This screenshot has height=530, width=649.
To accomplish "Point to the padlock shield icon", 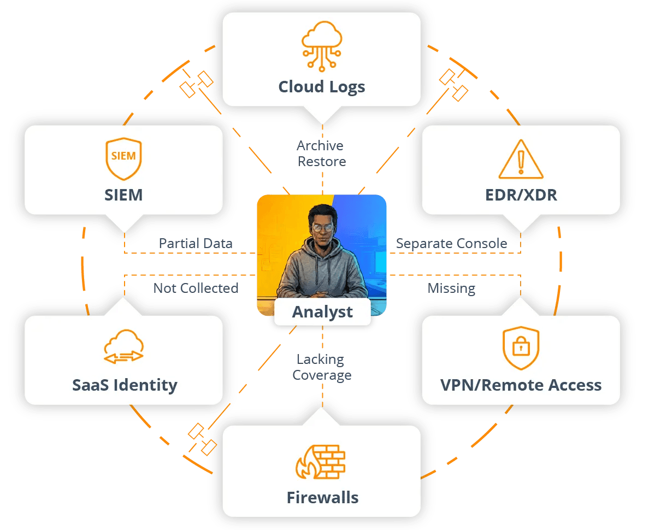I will coord(521,348).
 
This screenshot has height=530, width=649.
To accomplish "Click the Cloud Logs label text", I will coord(322,87).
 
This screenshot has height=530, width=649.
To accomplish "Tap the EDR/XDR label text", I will coord(521,195).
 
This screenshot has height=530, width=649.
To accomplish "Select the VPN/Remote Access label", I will coord(521,385).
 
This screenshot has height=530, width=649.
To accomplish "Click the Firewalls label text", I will coord(322,498).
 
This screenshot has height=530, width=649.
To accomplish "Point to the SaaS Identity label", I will coord(125,385).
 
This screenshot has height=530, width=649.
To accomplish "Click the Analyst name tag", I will coord(322,312).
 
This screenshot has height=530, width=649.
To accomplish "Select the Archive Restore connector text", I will coord(322,154).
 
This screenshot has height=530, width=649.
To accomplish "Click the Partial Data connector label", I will coord(196,243).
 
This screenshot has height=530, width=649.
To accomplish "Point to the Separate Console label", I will coord(451,243).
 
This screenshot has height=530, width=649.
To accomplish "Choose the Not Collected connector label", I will coord(196,288).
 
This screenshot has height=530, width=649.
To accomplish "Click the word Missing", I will coord(451,288).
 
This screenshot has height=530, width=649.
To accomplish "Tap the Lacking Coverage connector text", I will coord(322,367).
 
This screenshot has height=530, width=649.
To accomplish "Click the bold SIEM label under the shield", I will coord(123,195).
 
